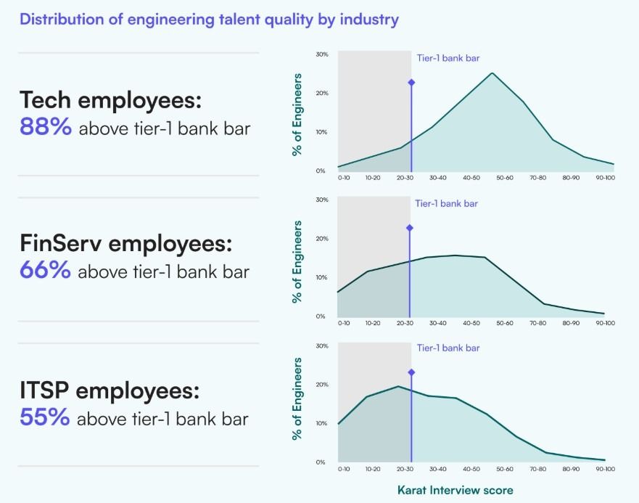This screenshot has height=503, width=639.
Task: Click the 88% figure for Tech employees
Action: pos(46,128)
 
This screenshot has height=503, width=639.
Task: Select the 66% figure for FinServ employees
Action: pos(46,271)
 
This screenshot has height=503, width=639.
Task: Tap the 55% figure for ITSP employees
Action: pos(45,418)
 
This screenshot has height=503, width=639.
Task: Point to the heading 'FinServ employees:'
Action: pos(126,244)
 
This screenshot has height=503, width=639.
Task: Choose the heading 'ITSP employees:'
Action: pos(110,390)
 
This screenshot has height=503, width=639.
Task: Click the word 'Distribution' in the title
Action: pos(62,20)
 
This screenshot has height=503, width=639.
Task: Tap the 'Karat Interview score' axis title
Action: pos(455,490)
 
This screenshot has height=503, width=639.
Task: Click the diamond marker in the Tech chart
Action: pos(411,82)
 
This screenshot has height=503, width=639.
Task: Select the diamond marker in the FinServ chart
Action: pos(410,228)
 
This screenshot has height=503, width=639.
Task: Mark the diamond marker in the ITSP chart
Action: pos(411,372)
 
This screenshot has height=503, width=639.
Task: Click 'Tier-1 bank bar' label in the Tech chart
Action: pos(448,58)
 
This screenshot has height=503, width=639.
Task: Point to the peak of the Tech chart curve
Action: pos(492,73)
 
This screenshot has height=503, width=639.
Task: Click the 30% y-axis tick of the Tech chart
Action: pos(322,54)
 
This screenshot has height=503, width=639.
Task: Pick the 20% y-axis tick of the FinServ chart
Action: pos(322,239)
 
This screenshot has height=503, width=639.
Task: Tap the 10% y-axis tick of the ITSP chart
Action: pos(322,423)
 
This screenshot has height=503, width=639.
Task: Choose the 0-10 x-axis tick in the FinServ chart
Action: pos(344,323)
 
